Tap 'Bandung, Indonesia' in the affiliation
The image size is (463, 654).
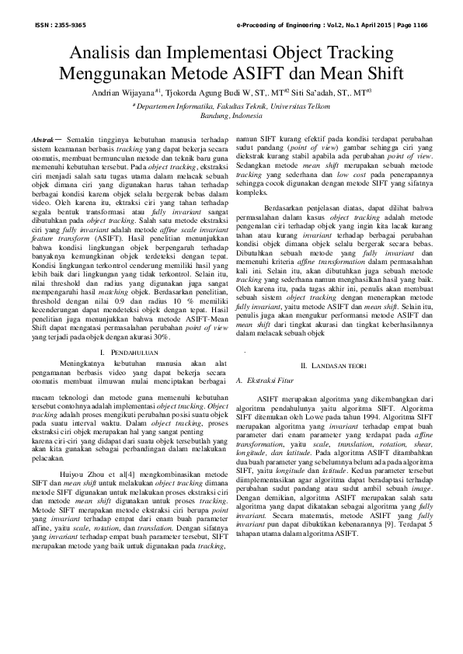pos(231,115)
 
